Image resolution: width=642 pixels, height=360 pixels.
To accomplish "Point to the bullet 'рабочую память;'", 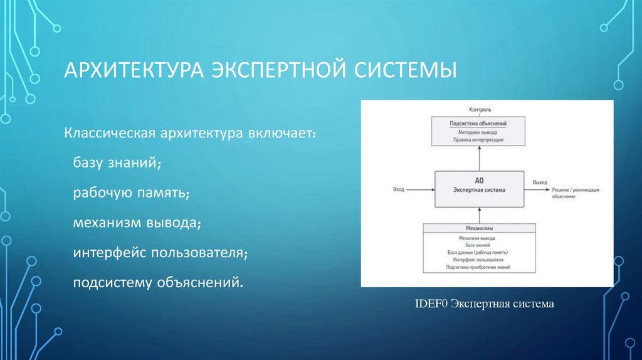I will (x=132, y=193).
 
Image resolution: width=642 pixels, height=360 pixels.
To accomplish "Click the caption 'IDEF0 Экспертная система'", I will (x=485, y=304).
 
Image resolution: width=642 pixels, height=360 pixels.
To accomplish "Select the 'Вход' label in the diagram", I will (x=398, y=189).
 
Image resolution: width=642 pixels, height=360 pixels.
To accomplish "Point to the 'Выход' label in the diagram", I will (x=540, y=183).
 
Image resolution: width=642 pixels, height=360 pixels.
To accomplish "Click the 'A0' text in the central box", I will (x=479, y=180).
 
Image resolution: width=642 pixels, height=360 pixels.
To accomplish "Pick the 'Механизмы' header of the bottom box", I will (x=479, y=229).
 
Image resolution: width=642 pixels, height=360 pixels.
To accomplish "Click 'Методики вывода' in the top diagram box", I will (x=479, y=132).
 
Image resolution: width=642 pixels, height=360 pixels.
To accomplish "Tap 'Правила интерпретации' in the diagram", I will (x=479, y=140).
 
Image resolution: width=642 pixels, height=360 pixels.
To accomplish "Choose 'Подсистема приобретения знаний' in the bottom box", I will (x=479, y=267).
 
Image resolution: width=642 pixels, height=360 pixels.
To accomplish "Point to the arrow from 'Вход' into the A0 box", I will (x=420, y=189).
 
